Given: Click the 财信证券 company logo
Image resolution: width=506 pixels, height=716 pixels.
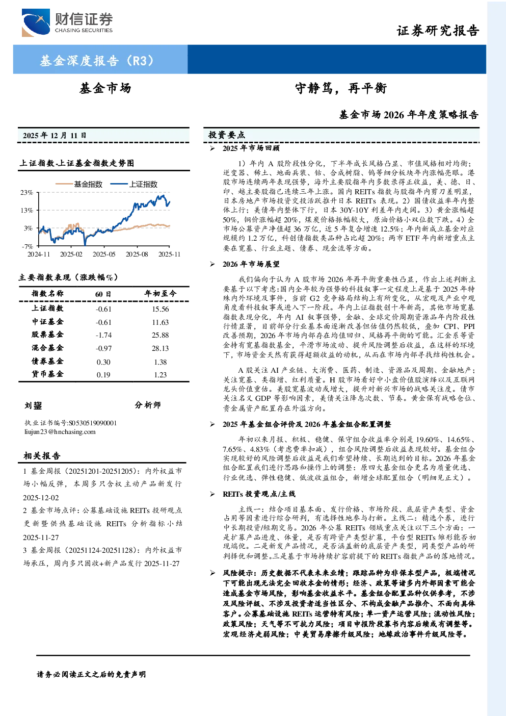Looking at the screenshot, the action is pos(67,23).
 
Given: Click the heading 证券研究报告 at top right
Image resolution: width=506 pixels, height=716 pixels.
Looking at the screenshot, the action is pos(438,31).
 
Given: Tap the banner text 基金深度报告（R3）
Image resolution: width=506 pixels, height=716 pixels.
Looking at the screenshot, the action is pos(97,60).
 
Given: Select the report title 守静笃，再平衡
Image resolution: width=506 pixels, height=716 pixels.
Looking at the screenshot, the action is pos(341,88).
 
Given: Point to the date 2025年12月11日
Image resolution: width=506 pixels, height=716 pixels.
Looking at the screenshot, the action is pos(55,136).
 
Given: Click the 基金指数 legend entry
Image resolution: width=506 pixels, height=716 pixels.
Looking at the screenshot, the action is pos(79,184).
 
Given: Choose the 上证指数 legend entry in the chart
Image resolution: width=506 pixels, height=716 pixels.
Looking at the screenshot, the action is pos(134,184).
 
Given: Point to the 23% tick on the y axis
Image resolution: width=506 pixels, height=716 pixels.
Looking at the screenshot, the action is pos(26,192).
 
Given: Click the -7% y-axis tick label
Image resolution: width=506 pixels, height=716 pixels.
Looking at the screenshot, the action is pos(28,246).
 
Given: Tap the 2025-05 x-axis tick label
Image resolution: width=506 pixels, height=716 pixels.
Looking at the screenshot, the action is pos(104,254).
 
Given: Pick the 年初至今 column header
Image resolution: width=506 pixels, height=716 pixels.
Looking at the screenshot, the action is pos(160,293).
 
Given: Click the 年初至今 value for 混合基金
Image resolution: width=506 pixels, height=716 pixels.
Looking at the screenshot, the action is pos(160,348).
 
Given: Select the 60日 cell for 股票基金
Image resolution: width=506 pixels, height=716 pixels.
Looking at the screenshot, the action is pos(103,335).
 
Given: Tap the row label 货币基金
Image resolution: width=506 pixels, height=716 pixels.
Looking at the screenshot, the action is pos(47,374).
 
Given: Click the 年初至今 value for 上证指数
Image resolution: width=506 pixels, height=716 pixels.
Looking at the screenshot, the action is pos(160,309).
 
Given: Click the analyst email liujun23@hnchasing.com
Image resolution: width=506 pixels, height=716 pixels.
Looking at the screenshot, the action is pos(60,432).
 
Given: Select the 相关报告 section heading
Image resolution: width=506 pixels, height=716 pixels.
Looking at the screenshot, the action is pos(42,456).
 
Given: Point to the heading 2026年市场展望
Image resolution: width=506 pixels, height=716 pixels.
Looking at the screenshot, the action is pos(251,264).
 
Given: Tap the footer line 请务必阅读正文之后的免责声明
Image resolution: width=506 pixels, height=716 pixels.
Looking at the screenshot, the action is pos(91,675).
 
